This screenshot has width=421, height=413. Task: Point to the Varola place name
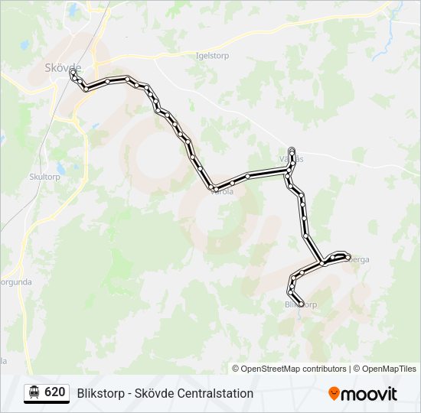click(222, 193)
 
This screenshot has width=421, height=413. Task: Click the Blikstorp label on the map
click(301, 304)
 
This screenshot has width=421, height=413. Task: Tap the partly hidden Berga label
click(359, 260)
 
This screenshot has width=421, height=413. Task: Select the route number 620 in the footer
click(54, 392)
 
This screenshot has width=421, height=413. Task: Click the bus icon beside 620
click(34, 392)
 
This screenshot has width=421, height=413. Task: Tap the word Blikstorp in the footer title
click(102, 394)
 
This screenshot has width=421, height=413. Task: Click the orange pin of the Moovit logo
click(334, 393)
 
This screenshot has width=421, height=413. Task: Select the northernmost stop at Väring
click(292, 150)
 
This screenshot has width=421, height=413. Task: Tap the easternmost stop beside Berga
click(348, 256)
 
